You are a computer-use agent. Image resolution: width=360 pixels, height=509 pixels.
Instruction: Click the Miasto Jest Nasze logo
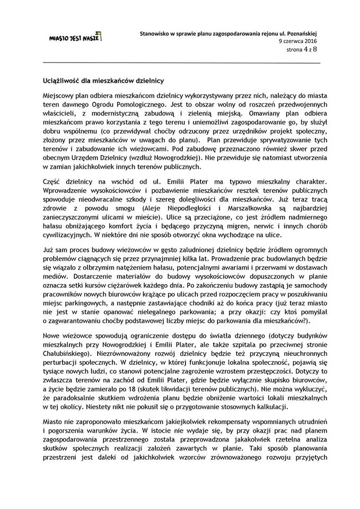pyautogui.click(x=74, y=38)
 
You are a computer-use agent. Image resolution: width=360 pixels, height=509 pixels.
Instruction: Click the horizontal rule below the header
pyautogui.click(x=181, y=63)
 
